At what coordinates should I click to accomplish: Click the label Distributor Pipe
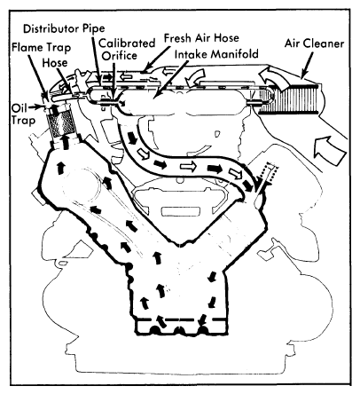64,28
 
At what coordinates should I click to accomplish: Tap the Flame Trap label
41,47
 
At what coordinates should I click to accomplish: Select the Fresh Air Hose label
201,38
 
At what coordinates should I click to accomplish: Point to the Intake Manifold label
216,54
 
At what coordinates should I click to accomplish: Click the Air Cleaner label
314,43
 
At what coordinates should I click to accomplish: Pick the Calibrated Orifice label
127,49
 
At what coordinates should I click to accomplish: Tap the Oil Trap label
23,114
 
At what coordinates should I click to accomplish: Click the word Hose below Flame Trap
55,63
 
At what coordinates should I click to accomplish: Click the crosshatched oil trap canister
61,123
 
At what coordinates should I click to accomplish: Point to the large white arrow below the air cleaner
330,150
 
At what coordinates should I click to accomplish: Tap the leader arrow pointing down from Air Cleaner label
307,65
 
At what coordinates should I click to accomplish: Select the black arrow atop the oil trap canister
53,110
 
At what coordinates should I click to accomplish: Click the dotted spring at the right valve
271,172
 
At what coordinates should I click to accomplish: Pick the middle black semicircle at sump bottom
178,330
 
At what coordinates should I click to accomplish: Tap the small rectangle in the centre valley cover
180,211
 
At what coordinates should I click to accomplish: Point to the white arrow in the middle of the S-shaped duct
189,167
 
